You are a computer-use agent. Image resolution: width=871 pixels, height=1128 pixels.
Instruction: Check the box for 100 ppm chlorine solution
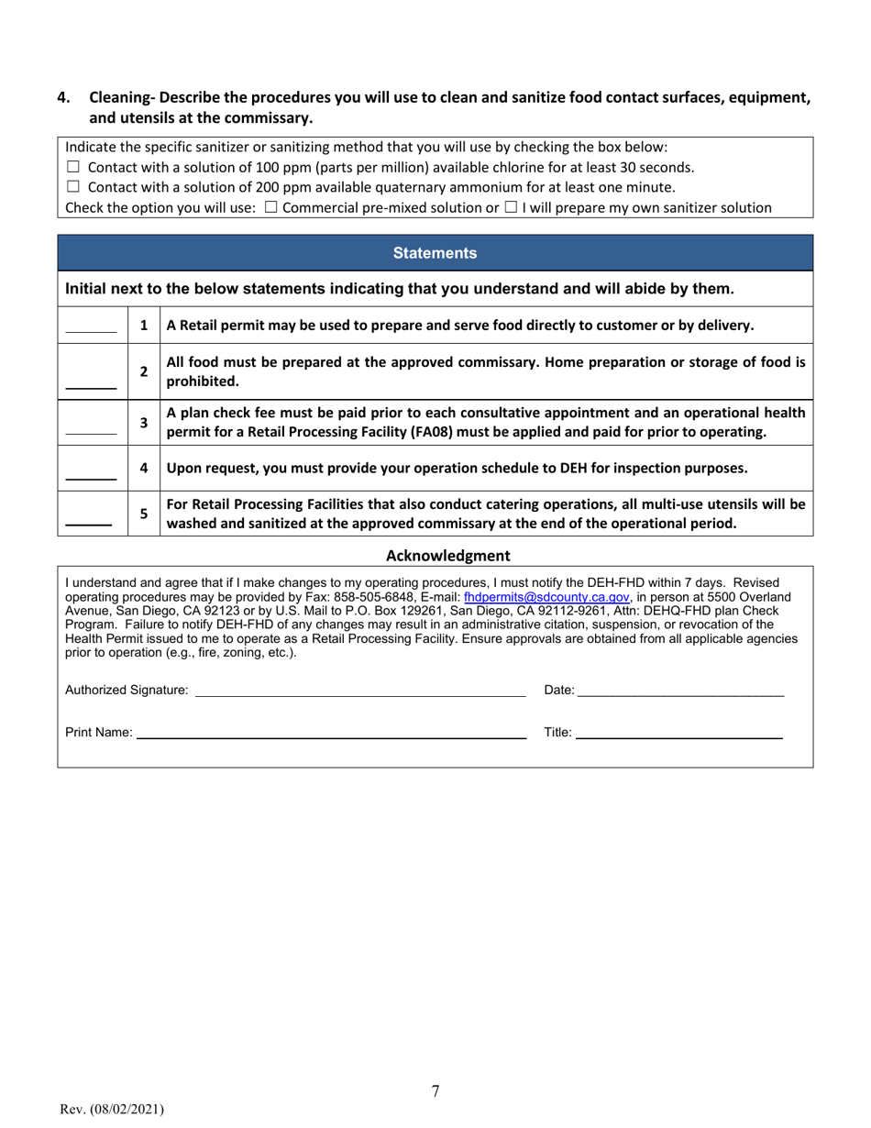tap(73, 167)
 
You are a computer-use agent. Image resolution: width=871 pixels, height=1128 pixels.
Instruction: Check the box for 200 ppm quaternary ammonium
tap(73, 187)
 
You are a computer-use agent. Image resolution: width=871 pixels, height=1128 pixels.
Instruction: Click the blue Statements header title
tap(435, 252)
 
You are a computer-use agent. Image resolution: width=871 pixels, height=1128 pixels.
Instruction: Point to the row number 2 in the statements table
tap(143, 371)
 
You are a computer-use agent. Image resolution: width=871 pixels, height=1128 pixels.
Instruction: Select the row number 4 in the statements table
tap(143, 468)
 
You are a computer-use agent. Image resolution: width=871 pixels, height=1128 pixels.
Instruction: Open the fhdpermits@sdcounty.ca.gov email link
tap(546, 594)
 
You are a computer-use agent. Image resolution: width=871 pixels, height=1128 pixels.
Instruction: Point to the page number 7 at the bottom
tap(435, 1090)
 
